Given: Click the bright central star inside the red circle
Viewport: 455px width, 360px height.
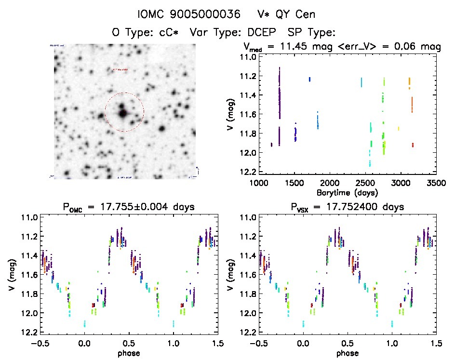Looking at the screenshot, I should point(123,113).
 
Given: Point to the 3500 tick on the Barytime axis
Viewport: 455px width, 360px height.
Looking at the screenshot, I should point(436,184).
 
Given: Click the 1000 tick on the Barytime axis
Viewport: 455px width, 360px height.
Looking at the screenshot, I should point(259,184).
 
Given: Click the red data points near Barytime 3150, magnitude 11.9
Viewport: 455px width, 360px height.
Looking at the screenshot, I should point(413,145).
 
